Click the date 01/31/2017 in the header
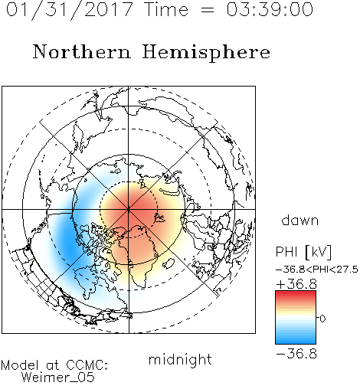70,10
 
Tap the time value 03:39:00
270,9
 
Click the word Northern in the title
82,51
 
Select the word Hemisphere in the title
206,53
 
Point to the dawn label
300,220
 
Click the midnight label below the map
180,359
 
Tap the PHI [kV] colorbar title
303,252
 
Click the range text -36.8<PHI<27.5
317,270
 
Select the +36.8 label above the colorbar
296,284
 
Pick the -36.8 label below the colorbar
296,354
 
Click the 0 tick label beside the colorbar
322,319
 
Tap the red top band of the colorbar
296,294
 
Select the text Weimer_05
58,378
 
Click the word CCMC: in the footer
87,365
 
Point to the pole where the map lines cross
129,209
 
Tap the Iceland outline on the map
169,263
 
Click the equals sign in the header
207,10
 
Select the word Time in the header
166,9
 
